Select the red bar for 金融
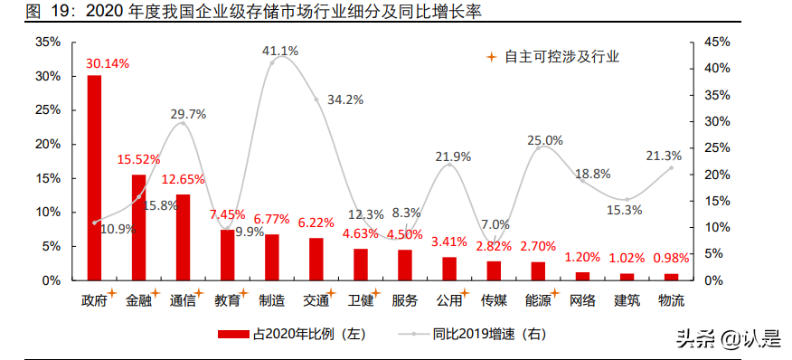coord(138,227)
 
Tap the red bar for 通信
coord(183,237)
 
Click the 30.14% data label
coord(108,63)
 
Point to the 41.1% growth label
coord(280,51)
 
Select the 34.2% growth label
coord(345,99)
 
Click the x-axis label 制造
coord(271,300)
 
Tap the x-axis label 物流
coord(671,300)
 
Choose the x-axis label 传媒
coord(494,300)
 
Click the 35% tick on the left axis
coord(48,42)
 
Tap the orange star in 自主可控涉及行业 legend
coord(492,56)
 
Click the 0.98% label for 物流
coord(672,258)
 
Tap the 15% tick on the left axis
coord(48,178)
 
